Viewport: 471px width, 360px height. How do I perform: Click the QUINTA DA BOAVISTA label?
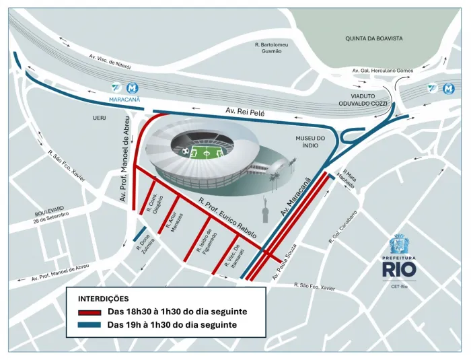tap(374, 39)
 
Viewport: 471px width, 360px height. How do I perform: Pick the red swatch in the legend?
tap(89, 312)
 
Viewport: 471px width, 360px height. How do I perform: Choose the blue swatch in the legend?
tap(89, 325)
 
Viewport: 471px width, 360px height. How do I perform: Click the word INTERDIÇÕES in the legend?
tap(104, 298)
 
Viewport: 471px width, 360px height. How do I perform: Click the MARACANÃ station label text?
tap(124, 99)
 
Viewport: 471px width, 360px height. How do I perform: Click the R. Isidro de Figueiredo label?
tap(205, 240)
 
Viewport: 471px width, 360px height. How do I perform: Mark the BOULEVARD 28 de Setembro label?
tap(52, 215)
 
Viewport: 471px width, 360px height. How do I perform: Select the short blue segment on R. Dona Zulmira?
tap(141, 235)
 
